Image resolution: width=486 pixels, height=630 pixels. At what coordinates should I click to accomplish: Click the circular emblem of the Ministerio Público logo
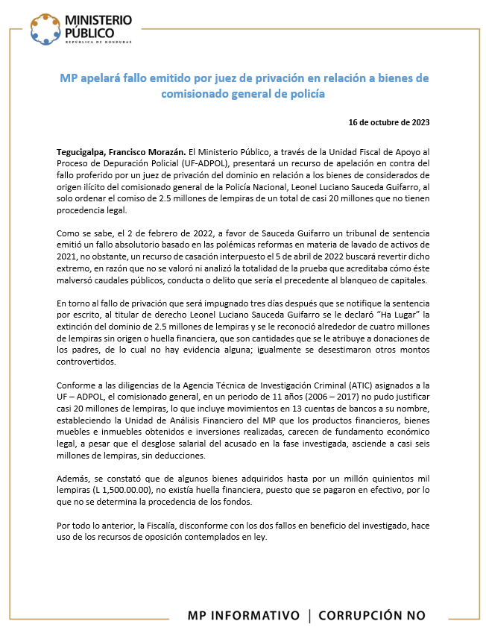(x=46, y=28)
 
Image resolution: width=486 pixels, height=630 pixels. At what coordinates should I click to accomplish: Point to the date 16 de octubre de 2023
(x=389, y=122)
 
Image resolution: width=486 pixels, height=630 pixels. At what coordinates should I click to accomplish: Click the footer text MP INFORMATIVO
(x=243, y=615)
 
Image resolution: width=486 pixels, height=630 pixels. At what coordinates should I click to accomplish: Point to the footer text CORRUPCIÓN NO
(x=372, y=615)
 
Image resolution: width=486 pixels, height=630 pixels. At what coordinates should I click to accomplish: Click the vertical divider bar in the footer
(x=309, y=615)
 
